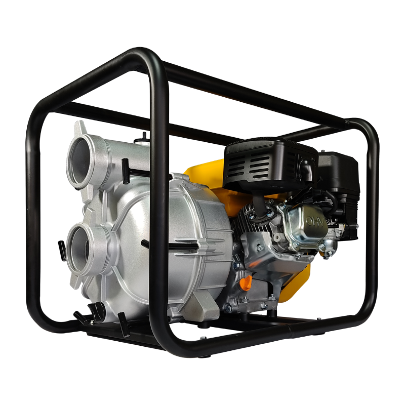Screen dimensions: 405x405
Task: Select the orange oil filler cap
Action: pyautogui.click(x=247, y=281)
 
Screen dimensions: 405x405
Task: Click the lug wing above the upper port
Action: pyautogui.click(x=80, y=127)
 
